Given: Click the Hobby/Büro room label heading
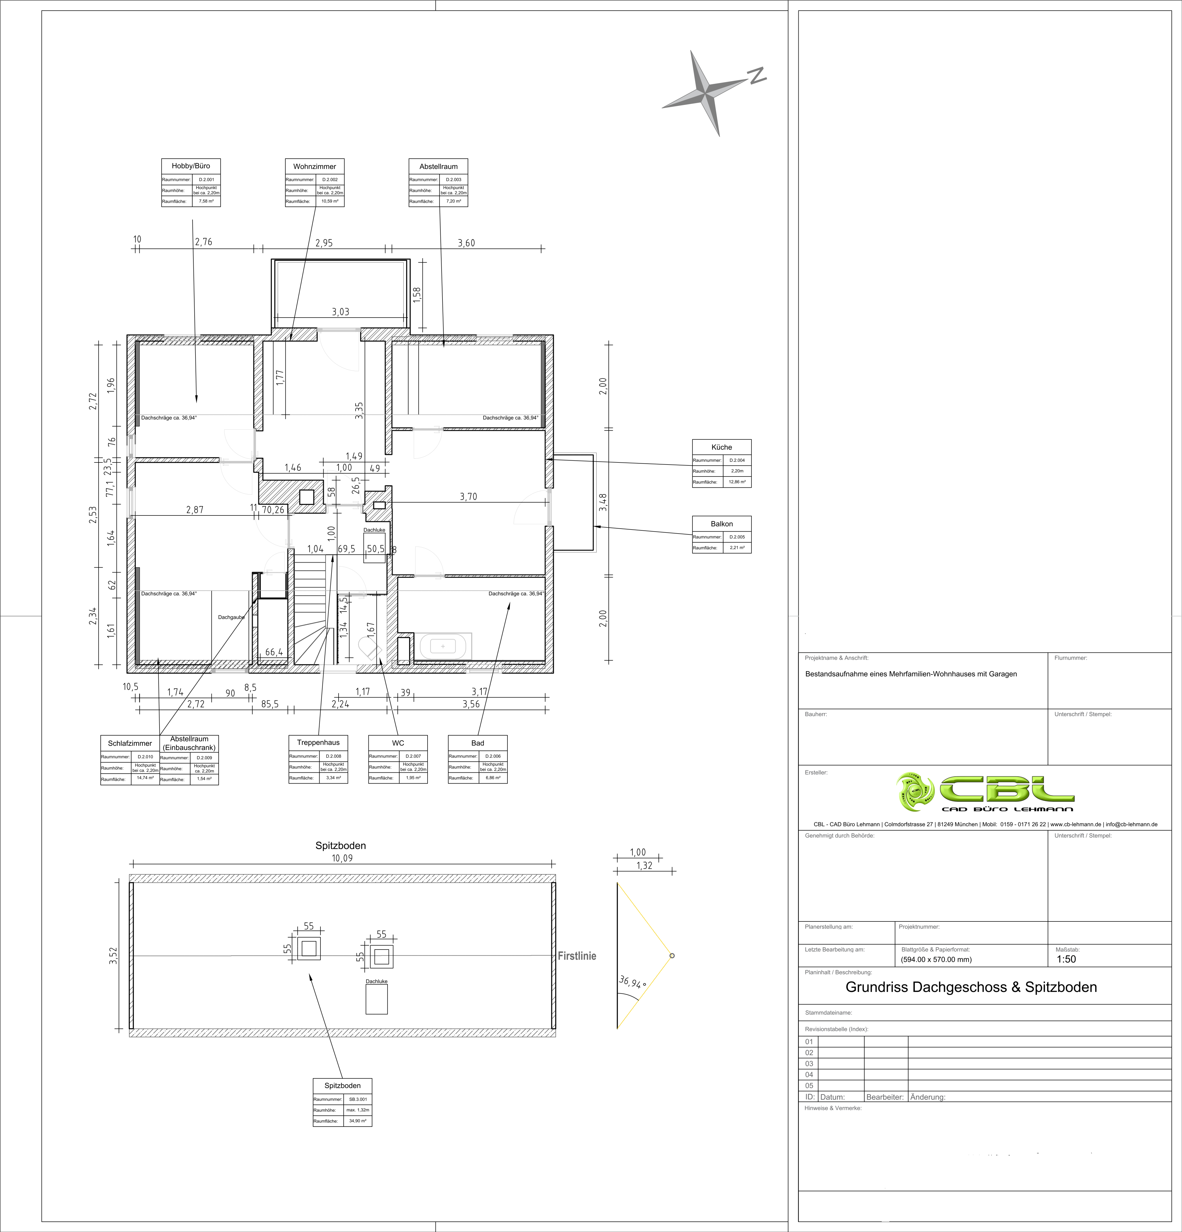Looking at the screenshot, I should coord(191,166).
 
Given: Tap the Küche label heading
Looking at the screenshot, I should coord(721,447).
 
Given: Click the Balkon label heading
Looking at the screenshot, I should coord(721,524).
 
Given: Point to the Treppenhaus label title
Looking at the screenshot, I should coord(318,742).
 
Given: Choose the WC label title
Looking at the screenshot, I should coord(398,743).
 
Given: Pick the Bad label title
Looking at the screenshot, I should coord(478,743).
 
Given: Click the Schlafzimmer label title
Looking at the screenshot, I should coord(130,743).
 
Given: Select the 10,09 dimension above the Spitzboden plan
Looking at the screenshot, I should coord(342,858).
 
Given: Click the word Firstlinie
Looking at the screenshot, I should coord(577,956).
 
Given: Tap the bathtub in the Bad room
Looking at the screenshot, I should coord(443,646).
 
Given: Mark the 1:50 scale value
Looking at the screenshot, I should coord(1066,959).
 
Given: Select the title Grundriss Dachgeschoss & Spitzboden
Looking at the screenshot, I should coord(971,987).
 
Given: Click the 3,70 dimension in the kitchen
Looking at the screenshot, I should coord(468,496).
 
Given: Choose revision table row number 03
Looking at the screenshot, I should coord(809,1063).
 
